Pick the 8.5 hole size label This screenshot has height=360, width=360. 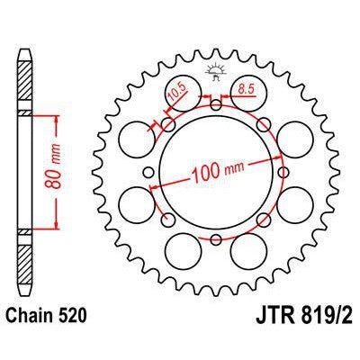(244, 89)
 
